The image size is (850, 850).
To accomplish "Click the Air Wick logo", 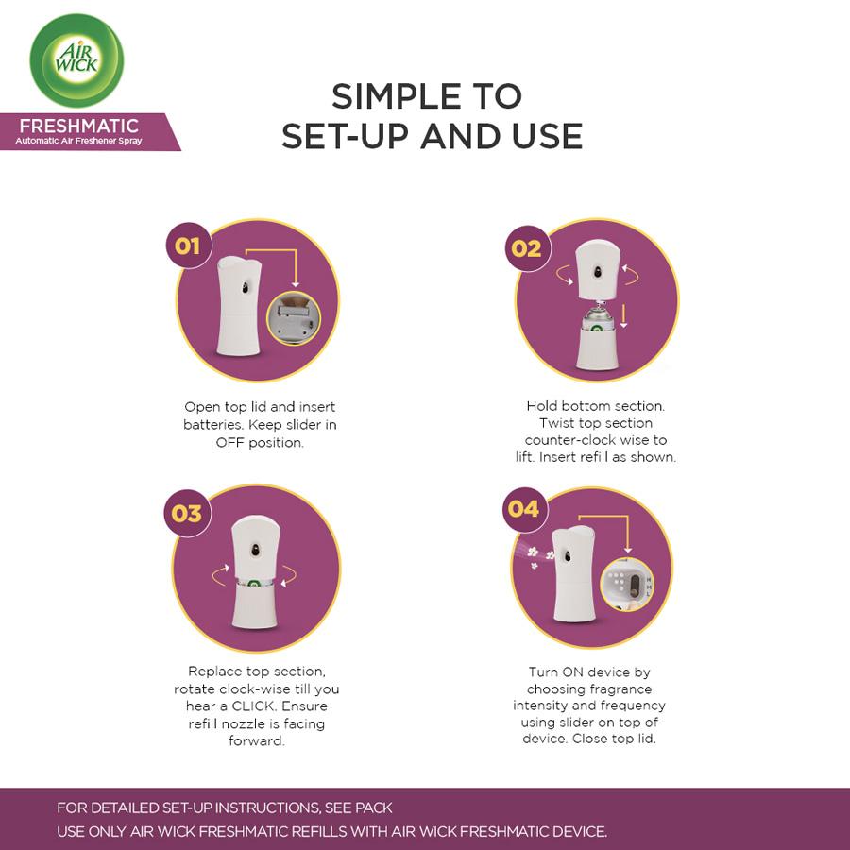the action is pyautogui.click(x=76, y=60).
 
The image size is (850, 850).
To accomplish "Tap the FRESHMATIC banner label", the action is pyautogui.click(x=90, y=131).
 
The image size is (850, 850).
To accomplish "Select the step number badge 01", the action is pyautogui.click(x=188, y=246).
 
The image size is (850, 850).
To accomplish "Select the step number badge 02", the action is pyautogui.click(x=527, y=248).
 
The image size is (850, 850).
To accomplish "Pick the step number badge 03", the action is pyautogui.click(x=187, y=514).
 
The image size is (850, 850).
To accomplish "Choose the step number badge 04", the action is pyautogui.click(x=524, y=509).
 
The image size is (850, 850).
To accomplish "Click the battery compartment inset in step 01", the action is pyautogui.click(x=294, y=318).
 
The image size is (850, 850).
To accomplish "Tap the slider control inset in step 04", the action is pyautogui.click(x=627, y=585).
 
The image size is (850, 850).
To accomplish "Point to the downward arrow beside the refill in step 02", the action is pyautogui.click(x=624, y=316).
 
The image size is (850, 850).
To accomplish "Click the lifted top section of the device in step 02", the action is pyautogui.click(x=598, y=269).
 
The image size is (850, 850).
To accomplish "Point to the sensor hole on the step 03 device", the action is pyautogui.click(x=256, y=551).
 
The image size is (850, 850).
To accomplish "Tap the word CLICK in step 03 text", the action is pyautogui.click(x=254, y=706).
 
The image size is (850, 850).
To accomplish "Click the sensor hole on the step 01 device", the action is pyautogui.click(x=246, y=287).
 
